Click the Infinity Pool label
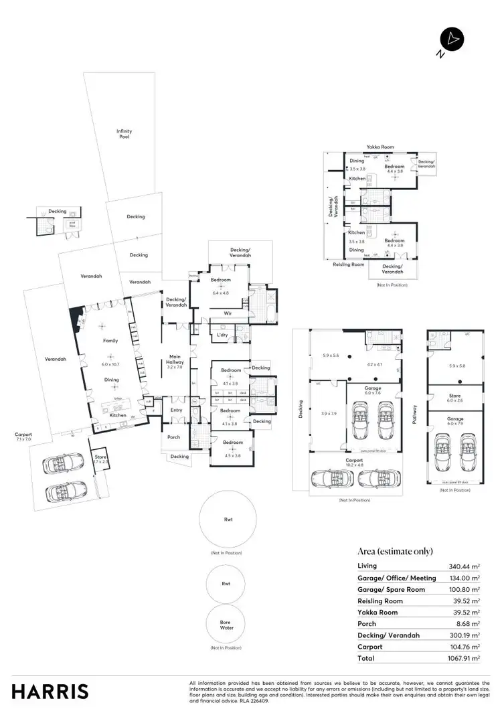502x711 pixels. (124, 134)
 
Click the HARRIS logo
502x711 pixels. (50, 691)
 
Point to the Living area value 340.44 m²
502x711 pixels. (466, 566)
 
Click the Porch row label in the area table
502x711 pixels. (366, 624)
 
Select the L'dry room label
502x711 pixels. (222, 335)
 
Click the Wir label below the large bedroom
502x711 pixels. (219, 312)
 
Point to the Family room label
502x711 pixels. (110, 341)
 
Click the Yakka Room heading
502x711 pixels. (380, 147)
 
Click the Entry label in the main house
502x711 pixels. (177, 410)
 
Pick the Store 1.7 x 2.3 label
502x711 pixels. (100, 459)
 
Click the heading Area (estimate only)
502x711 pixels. (395, 551)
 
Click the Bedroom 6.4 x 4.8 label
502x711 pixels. (221, 283)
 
